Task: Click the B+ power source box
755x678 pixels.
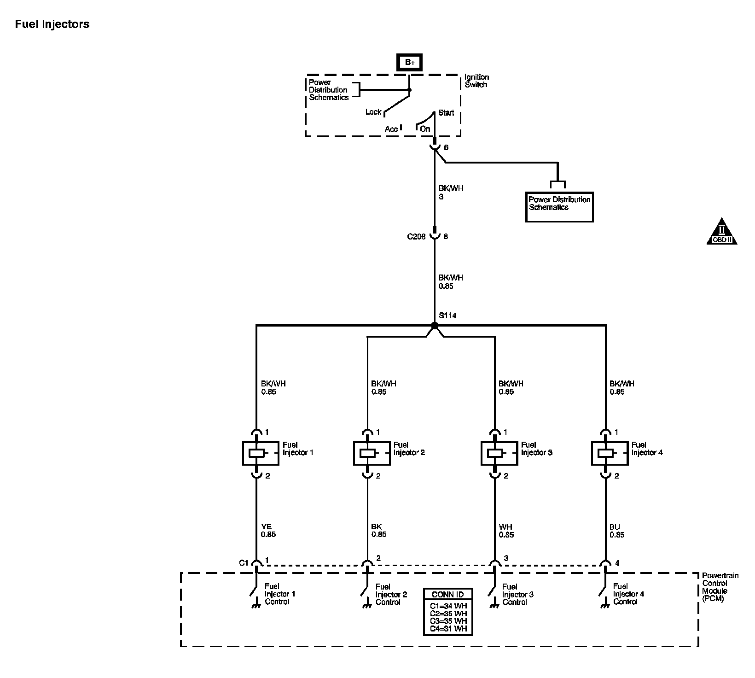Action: coord(410,62)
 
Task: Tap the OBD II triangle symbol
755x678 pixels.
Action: coord(721,232)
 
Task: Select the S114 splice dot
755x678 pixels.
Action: coord(435,326)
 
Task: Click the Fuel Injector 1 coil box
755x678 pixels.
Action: coord(260,453)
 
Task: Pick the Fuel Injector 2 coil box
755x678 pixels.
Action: coord(372,453)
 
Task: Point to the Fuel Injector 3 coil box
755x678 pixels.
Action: coord(499,453)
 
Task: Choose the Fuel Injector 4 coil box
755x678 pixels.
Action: coord(610,453)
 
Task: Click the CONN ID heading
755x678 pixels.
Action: coord(447,594)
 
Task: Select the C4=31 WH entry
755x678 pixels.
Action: coord(448,629)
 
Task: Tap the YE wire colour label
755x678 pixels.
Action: coord(267,527)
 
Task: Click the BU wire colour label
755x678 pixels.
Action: coord(615,527)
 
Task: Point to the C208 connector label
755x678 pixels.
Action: coord(416,237)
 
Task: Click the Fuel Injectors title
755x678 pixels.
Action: coord(52,24)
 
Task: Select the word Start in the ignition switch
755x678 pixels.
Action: coord(446,113)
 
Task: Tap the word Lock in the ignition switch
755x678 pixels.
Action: coord(373,112)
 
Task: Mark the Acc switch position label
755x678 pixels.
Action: coord(391,129)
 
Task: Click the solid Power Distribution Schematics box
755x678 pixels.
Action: coord(559,207)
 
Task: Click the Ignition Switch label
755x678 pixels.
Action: coord(476,81)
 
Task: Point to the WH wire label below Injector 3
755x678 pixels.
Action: coord(505,527)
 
